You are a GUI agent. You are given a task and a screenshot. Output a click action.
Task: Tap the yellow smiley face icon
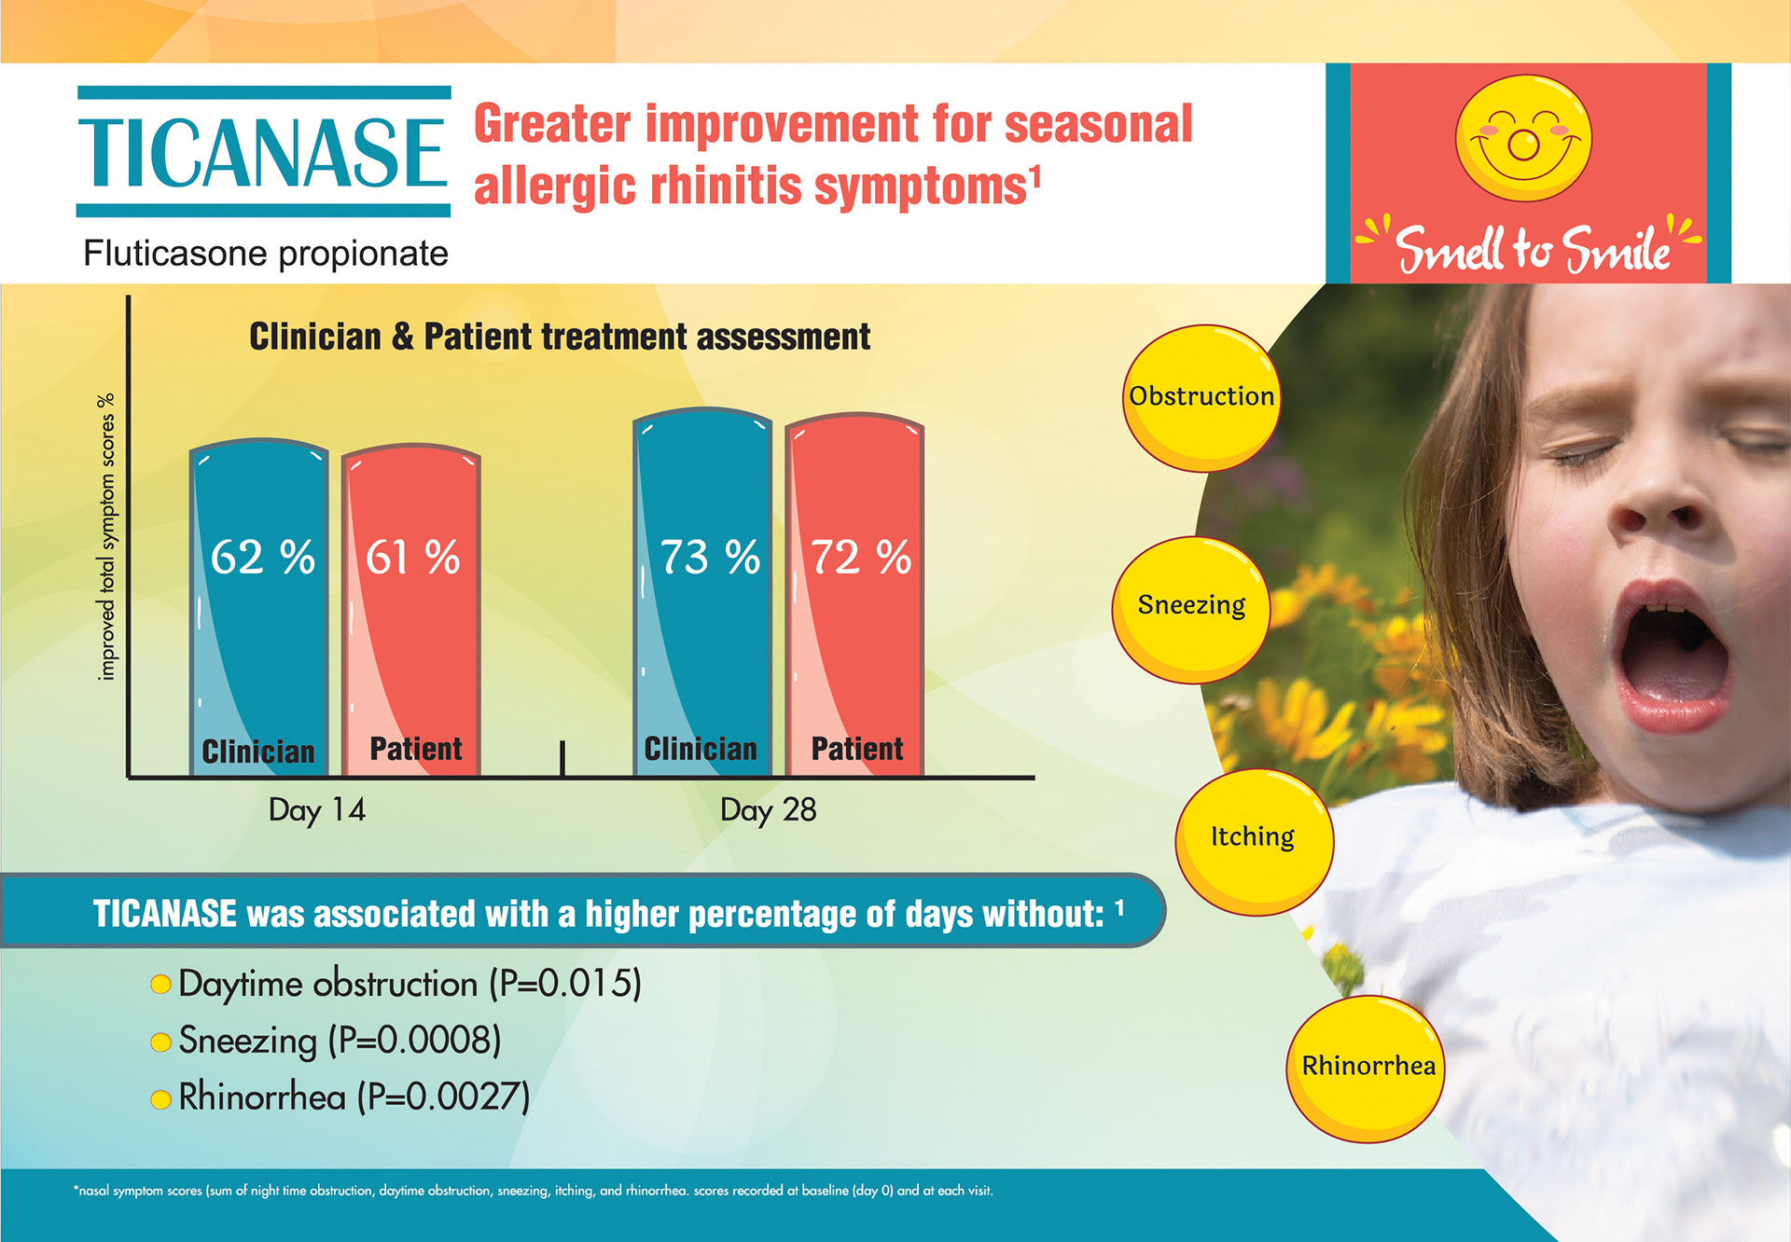(1523, 138)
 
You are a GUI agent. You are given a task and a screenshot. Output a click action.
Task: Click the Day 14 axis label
(317, 809)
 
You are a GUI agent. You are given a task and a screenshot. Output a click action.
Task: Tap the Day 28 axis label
(768, 809)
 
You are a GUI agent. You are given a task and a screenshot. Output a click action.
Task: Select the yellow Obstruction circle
(1201, 397)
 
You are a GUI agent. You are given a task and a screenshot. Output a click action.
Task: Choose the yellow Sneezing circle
(1191, 609)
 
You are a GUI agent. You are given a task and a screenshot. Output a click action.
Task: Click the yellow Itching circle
(1253, 840)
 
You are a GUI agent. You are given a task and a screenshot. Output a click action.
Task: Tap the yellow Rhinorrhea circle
(1367, 1068)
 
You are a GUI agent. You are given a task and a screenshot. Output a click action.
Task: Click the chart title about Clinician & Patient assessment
(560, 337)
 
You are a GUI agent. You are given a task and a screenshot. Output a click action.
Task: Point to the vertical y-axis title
(106, 536)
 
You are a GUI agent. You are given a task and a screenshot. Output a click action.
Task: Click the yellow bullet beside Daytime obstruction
(160, 985)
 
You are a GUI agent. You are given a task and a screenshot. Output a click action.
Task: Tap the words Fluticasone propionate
(266, 254)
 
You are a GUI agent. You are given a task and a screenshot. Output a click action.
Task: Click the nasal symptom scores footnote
(533, 1191)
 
